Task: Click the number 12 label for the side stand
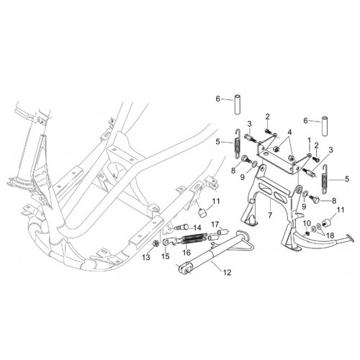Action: coord(227,272)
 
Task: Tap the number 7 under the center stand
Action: coord(270,215)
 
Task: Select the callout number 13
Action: coord(146,258)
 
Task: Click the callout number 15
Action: coord(166,256)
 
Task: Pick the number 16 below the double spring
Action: coord(186,252)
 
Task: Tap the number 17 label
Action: coord(215,225)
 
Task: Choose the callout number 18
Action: coord(330,235)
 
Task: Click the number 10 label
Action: coord(307,223)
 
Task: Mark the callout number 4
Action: coord(289,132)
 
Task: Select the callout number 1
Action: coord(309,140)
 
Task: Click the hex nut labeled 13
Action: coord(155,244)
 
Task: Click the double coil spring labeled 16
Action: coord(194,238)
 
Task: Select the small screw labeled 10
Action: coord(307,233)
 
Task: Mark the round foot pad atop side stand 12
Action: coord(241,233)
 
